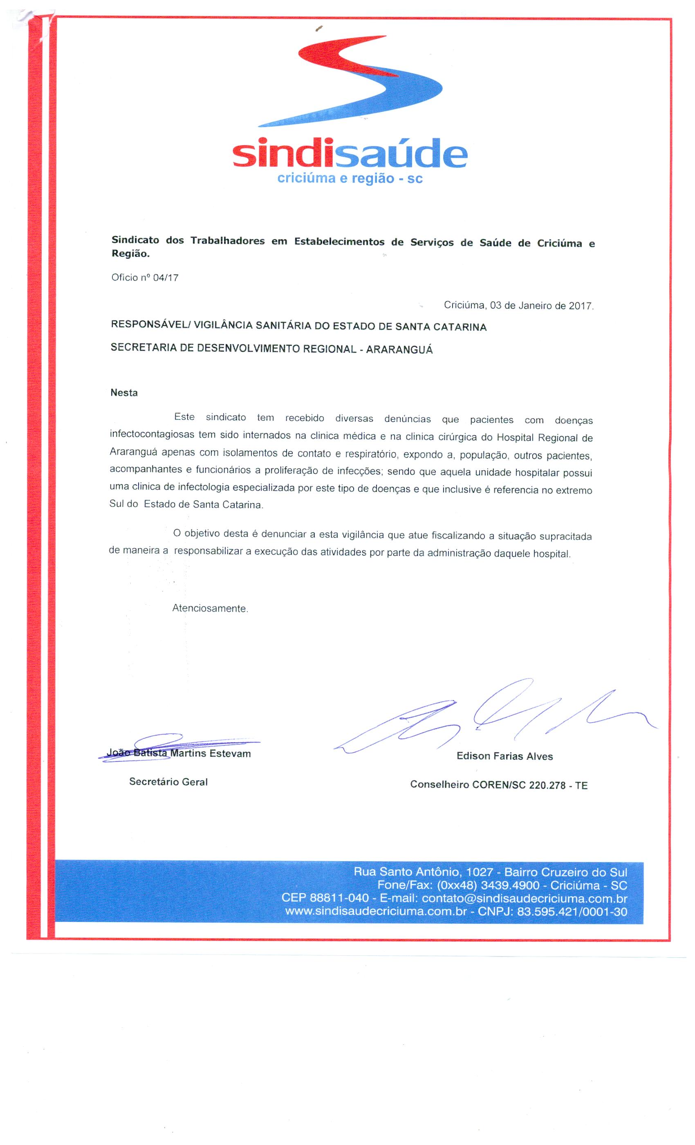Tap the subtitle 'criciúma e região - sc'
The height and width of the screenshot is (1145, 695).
[350, 178]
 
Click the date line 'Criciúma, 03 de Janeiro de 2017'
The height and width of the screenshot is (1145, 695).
[518, 306]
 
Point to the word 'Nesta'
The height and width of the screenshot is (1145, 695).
[124, 393]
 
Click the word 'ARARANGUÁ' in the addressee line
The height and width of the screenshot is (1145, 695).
[399, 350]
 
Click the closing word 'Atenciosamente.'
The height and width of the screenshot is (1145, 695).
[210, 608]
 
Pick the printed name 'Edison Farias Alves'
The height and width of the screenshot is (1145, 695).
[504, 756]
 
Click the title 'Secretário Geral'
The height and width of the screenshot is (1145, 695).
[168, 781]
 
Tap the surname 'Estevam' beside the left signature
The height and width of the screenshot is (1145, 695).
[230, 753]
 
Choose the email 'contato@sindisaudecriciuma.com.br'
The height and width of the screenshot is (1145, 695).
[525, 898]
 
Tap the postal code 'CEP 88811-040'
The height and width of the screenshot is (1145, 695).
[325, 898]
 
